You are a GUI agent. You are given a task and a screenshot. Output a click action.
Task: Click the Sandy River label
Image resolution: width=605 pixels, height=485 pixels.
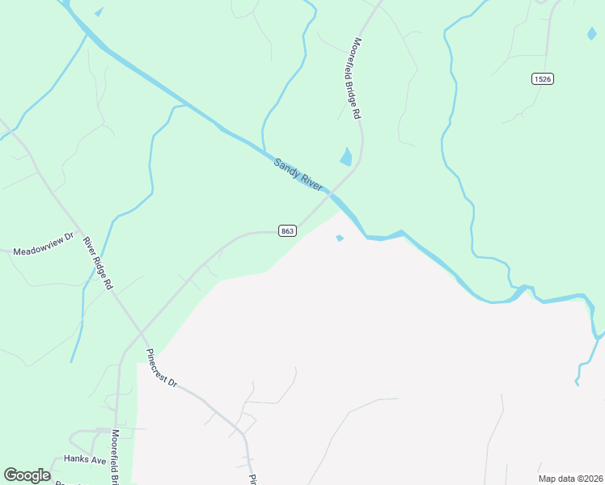pyautogui.click(x=298, y=175)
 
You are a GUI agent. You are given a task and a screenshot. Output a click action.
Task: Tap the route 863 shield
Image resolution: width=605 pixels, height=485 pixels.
pyautogui.click(x=287, y=231)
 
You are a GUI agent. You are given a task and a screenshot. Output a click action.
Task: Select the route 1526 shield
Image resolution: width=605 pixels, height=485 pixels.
pyautogui.click(x=543, y=78)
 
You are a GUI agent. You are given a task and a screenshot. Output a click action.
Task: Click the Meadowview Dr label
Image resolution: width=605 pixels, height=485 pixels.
pyautogui.click(x=43, y=251)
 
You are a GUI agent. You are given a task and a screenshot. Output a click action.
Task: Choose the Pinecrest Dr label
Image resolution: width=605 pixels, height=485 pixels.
pyautogui.click(x=161, y=368)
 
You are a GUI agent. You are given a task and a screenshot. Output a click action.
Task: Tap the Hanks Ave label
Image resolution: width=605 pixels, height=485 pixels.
pyautogui.click(x=87, y=460)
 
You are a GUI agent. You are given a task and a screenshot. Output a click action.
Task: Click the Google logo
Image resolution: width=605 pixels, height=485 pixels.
pyautogui.click(x=27, y=475)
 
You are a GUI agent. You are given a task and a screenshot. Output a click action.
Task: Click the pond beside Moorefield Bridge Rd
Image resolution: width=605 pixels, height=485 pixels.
pyautogui.click(x=347, y=156)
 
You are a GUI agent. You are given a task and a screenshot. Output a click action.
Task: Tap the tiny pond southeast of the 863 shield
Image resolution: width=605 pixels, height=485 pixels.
pyautogui.click(x=340, y=238)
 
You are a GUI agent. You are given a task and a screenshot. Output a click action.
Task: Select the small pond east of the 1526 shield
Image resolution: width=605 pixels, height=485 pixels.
pyautogui.click(x=592, y=33)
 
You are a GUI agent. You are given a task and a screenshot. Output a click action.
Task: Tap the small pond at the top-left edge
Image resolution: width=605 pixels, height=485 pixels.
pyautogui.click(x=99, y=11)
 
